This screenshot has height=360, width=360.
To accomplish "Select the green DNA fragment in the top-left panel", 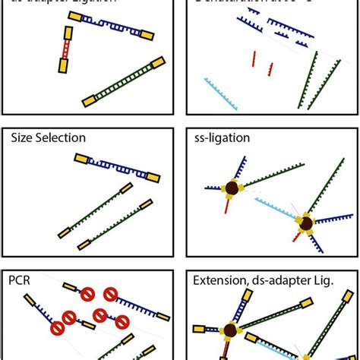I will point(122,81).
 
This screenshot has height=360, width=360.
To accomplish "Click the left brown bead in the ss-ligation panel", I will point(231,188).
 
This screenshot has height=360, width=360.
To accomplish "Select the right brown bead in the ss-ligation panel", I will point(305,223).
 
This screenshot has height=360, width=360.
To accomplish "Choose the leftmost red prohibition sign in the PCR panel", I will point(58,328).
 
